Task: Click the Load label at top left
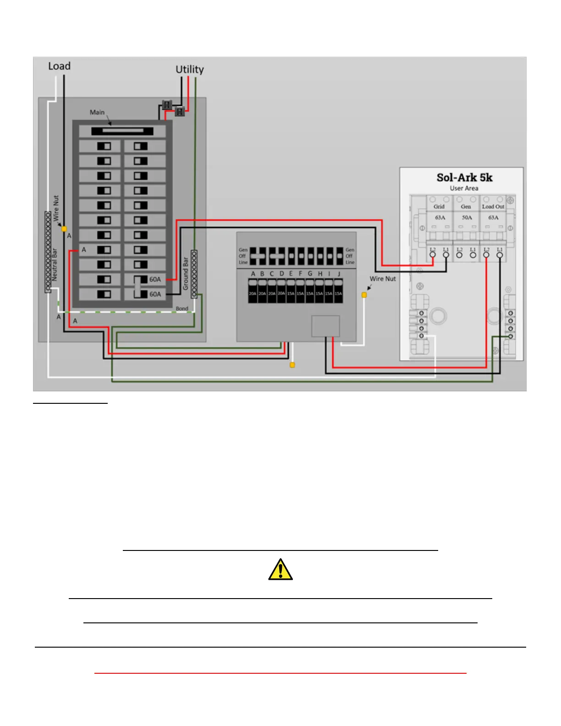coord(59,66)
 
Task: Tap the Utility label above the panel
coord(189,70)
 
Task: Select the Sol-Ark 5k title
coord(464,177)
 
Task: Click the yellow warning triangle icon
coord(280,570)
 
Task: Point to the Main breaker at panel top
coord(122,131)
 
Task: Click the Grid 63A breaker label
coord(440,212)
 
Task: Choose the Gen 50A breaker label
coord(466,212)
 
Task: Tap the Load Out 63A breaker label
coord(493,212)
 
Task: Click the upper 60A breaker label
coord(155,279)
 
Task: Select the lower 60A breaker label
coord(155,294)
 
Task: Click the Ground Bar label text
coord(186,273)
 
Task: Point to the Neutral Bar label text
coord(55,264)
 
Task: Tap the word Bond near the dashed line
coord(182,308)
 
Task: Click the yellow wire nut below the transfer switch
coord(292,365)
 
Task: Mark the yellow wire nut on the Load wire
coord(64,229)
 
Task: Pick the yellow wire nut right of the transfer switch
coord(364,295)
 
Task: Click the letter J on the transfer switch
coord(339,274)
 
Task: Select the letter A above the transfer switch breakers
coord(253,274)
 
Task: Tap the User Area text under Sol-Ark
coord(464,188)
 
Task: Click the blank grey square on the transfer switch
coord(325,326)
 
